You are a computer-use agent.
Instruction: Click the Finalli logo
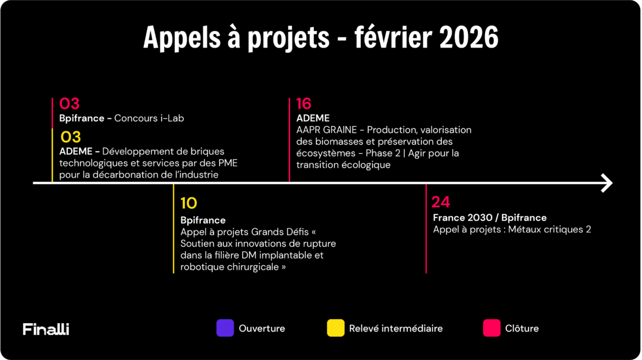pos(46,329)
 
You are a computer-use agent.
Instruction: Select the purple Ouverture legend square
pos(225,328)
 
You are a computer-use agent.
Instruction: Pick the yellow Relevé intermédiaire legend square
pos(336,328)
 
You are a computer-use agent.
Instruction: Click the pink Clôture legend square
pos(492,328)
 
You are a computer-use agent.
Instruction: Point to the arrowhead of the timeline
pos(607,183)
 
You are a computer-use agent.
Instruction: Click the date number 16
pos(304,104)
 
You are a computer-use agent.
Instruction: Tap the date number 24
pos(440,202)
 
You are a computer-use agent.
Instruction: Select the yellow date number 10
pos(188,204)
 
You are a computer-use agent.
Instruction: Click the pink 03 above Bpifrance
pos(70,104)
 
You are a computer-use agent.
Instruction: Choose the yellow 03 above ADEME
pos(71,137)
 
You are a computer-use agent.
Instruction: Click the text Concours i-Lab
pos(149,118)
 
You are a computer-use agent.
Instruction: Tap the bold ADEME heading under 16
pos(313,118)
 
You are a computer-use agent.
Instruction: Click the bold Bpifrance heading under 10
pos(203,220)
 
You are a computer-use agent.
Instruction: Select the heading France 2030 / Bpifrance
pos(489,218)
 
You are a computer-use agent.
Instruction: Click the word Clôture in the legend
pos(522,329)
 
